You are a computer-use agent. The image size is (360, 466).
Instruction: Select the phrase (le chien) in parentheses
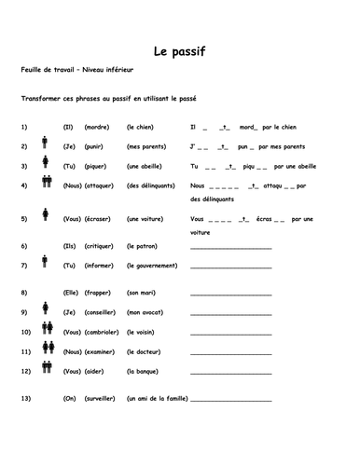[x=143, y=125]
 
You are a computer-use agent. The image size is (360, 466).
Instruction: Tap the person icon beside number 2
[x=45, y=144]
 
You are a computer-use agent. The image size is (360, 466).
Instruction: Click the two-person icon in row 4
[x=45, y=185]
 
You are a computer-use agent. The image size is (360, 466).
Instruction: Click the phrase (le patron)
[x=145, y=247]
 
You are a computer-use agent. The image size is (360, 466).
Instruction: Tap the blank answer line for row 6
[x=230, y=248]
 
